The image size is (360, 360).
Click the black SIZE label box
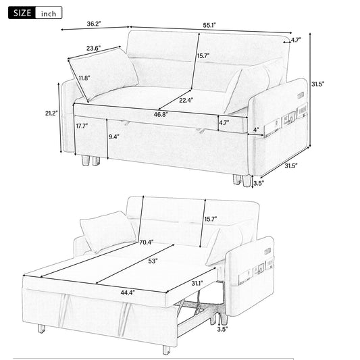pyautogui.click(x=18, y=13)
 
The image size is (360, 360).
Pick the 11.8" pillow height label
pyautogui.click(x=84, y=78)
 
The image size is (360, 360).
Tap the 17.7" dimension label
pyautogui.click(x=83, y=126)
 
